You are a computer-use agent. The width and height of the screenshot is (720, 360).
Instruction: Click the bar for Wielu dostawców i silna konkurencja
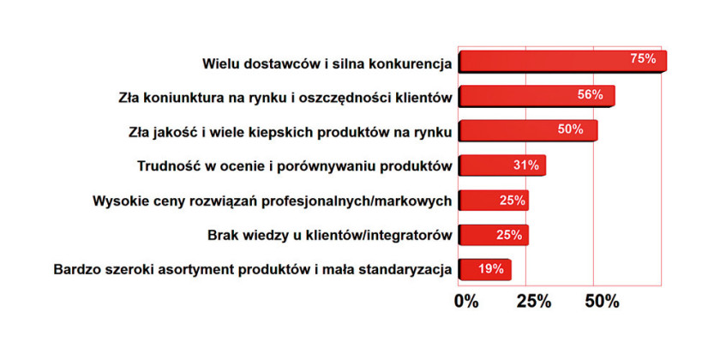(562, 62)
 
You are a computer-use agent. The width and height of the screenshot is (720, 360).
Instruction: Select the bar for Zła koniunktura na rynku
(537, 96)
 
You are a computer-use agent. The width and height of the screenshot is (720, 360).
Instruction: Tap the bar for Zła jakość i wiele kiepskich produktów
(528, 131)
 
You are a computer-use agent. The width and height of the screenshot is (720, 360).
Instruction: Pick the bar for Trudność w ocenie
(502, 165)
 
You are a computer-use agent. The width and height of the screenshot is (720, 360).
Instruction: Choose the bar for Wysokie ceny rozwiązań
(494, 201)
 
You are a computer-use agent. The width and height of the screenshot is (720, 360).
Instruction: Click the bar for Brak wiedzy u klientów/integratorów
(494, 235)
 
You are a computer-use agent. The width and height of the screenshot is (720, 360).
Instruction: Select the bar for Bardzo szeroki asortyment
(485, 270)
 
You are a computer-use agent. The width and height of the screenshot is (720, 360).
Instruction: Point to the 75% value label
(643, 59)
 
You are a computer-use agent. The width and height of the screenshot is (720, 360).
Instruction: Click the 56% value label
(590, 94)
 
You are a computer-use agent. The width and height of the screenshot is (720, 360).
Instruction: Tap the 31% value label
(526, 165)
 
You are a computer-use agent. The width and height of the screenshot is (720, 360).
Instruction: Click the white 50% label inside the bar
(570, 129)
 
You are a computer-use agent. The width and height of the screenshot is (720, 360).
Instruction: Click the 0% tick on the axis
(466, 302)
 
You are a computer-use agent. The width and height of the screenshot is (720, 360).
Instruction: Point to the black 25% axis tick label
(533, 302)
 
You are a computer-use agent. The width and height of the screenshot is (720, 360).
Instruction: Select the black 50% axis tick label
(602, 302)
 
